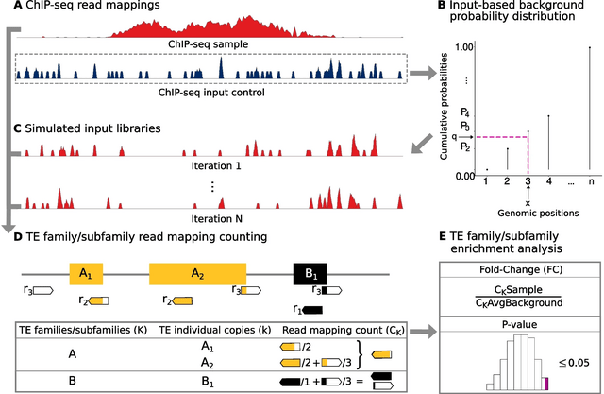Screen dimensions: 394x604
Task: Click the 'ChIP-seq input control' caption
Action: [211, 92]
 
